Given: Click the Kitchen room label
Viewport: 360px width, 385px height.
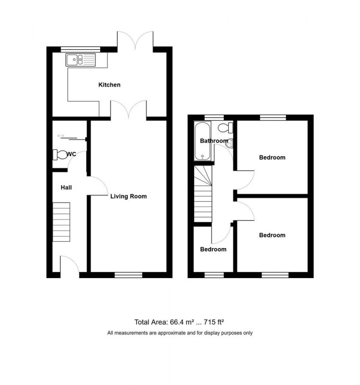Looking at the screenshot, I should pos(110,85).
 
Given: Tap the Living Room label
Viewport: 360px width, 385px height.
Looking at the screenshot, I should pos(128,197).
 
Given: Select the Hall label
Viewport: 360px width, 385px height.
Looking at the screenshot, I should pos(66,187).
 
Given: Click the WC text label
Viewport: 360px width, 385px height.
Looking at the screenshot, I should pos(71,154).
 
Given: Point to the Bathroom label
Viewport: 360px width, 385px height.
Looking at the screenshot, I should pos(214,141).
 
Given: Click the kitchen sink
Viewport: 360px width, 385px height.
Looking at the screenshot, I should pos(81,59).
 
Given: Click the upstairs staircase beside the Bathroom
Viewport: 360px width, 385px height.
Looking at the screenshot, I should pos(203,195).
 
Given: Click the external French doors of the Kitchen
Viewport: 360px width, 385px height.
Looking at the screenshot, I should pos(135,40).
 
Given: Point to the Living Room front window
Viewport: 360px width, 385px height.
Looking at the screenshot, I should pos(128,275).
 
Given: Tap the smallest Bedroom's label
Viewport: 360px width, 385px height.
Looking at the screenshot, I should pos(213,249).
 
